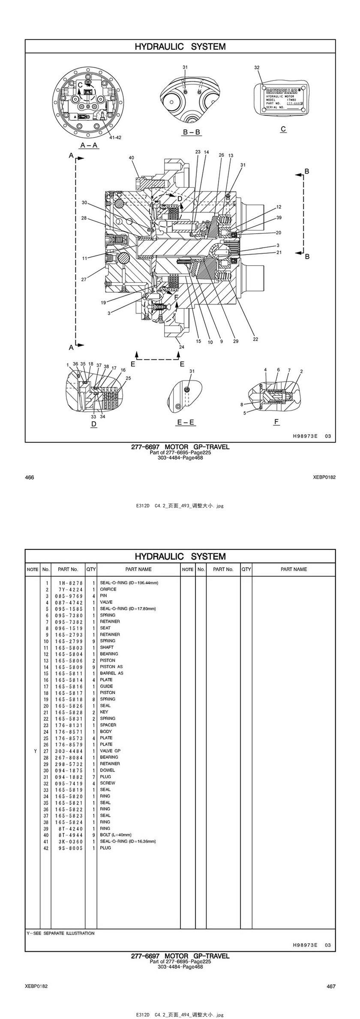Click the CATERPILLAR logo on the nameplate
[281, 91]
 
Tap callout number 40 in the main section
[132, 158]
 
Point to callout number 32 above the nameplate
[257, 67]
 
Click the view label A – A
[89, 145]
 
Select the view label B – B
[192, 132]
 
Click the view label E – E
[186, 422]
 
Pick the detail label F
[276, 422]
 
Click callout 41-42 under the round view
[115, 138]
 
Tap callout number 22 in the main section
[255, 339]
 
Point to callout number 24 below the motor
[182, 347]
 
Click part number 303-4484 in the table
[69, 751]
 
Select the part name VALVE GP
[110, 751]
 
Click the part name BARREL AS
[111, 673]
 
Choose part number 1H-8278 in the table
[69, 583]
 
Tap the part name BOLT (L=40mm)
[116, 835]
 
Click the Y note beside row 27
[33, 751]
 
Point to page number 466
[30, 477]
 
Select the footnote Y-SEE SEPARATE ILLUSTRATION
[60, 933]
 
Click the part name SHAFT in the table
[107, 647]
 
